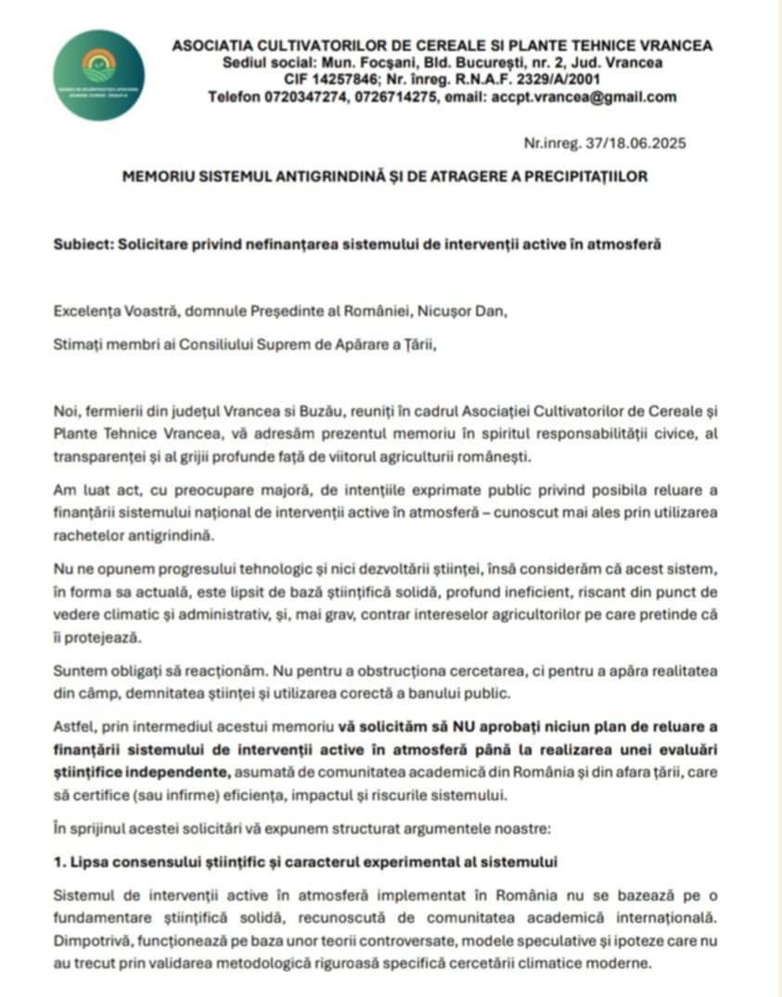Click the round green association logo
pos(98,75)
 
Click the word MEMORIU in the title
pos(160,176)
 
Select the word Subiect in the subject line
pos(77,244)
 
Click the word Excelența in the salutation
pos(84,312)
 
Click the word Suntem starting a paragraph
pos(78,671)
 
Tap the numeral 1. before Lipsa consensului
pos(59,862)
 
